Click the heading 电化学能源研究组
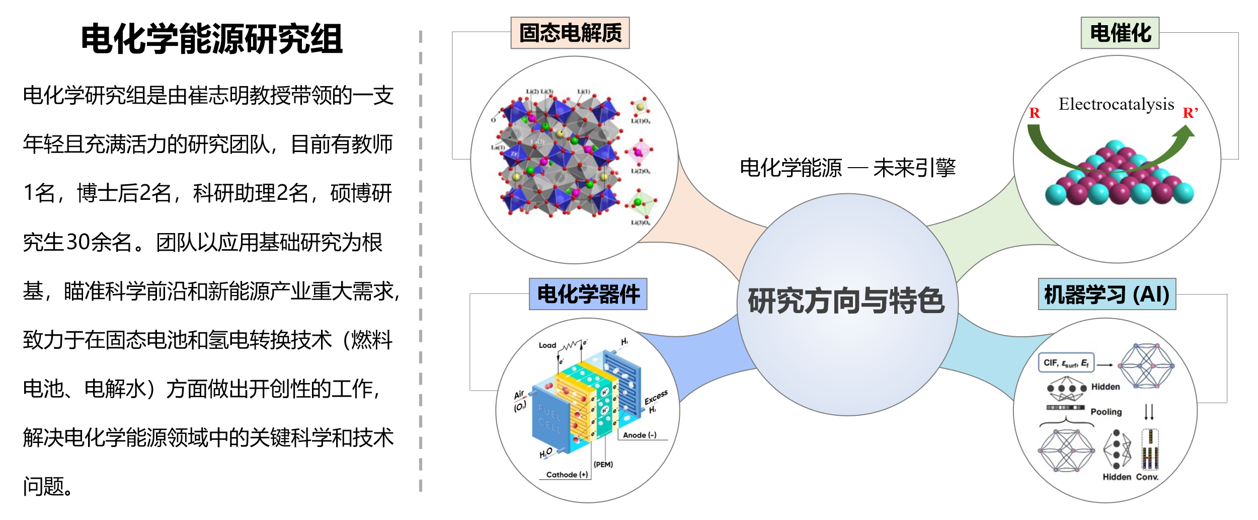[212, 39]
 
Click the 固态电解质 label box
[570, 33]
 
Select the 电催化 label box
[1120, 33]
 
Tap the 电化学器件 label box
[588, 294]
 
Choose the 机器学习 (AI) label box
[1107, 294]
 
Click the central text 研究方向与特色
[846, 301]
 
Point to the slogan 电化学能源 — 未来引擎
[847, 168]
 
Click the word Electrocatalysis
[1116, 104]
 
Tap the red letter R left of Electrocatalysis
[1034, 113]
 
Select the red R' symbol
[1190, 113]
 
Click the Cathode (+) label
[567, 475]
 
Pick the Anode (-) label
[640, 435]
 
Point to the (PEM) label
[603, 465]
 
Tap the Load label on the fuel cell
[547, 345]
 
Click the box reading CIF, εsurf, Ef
[1066, 363]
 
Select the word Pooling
[1106, 412]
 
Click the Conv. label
[1147, 477]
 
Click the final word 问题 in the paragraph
[44, 486]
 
